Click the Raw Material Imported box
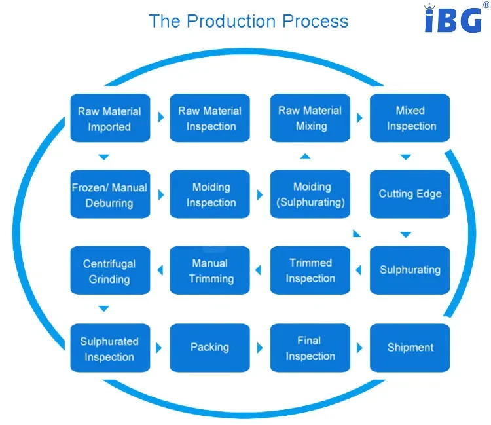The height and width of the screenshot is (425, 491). [109, 119]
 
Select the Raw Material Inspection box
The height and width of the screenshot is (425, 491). [209, 119]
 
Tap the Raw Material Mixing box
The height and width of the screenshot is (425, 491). [310, 119]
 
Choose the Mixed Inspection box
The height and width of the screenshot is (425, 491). [410, 119]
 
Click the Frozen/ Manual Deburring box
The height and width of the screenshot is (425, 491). [109, 194]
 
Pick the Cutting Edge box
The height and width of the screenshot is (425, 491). [410, 194]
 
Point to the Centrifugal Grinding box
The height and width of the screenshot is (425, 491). [109, 271]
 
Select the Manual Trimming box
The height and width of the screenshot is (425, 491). [209, 271]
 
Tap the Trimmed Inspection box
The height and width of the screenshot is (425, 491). [310, 270]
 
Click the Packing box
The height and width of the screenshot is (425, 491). [209, 347]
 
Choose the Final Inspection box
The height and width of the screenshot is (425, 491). [310, 348]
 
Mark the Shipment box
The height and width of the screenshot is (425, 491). [410, 348]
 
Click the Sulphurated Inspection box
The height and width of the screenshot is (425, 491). [109, 348]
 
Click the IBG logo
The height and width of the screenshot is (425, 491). [453, 20]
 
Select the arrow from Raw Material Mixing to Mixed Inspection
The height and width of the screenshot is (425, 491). [359, 119]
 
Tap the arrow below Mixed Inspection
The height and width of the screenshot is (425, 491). [406, 157]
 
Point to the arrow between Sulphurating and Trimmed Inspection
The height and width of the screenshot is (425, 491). [359, 269]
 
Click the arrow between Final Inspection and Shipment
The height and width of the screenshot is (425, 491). [359, 348]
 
